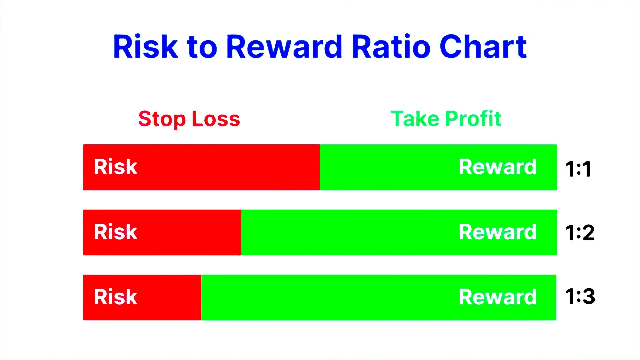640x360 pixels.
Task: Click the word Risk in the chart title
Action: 146,47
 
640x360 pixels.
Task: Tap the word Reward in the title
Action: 284,47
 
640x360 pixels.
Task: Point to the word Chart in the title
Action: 483,47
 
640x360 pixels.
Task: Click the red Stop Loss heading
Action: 189,119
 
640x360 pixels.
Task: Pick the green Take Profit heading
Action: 446,119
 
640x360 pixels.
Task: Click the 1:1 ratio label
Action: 578,169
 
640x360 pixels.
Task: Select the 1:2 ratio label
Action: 580,232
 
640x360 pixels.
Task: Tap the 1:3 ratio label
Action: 580,296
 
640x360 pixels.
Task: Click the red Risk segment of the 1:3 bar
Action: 167,297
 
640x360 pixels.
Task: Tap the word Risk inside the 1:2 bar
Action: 115,232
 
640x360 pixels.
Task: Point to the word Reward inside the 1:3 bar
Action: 498,297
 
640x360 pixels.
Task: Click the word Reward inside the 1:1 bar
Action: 498,167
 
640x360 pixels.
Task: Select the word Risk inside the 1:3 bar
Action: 115,297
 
